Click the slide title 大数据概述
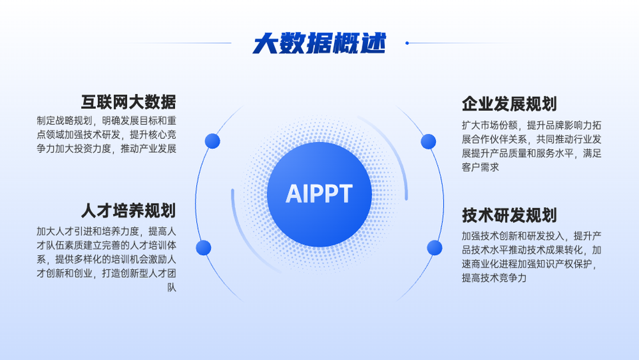(319, 43)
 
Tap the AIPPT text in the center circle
(319, 194)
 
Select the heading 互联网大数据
(128, 102)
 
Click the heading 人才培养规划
(128, 211)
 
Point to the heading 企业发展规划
(509, 104)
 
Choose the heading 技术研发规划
(509, 215)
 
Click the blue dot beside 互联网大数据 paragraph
(212, 141)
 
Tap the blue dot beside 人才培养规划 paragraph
(203, 248)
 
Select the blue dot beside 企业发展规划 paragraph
(428, 141)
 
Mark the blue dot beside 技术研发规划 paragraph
(435, 248)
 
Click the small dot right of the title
(406, 43)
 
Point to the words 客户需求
(481, 167)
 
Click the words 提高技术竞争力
(495, 278)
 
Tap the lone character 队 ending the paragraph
(171, 288)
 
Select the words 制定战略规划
(65, 121)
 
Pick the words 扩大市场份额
(489, 125)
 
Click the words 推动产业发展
(148, 148)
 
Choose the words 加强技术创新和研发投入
(512, 236)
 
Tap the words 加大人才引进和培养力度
(88, 231)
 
